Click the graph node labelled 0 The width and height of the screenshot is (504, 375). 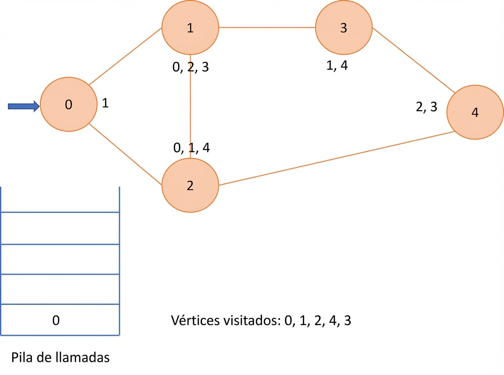(x=68, y=104)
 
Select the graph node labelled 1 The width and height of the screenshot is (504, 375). (x=190, y=27)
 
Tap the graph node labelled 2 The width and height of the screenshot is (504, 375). (x=190, y=185)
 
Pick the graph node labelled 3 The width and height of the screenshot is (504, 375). (x=344, y=27)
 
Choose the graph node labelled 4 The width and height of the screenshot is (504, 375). (x=475, y=112)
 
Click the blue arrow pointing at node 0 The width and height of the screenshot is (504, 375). (x=24, y=106)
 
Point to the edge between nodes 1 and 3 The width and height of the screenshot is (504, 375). (x=267, y=27)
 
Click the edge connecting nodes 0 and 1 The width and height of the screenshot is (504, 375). (x=125, y=56)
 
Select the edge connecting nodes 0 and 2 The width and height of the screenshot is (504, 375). (x=125, y=154)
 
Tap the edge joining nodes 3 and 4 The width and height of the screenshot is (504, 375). (x=414, y=60)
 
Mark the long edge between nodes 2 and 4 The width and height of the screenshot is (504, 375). (x=337, y=158)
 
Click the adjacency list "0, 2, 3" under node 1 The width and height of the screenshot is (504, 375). (x=190, y=67)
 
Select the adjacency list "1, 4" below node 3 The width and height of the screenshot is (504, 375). (x=337, y=66)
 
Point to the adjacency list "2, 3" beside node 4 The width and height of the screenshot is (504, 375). (x=427, y=107)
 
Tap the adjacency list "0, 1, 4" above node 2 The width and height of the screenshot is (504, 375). (x=192, y=148)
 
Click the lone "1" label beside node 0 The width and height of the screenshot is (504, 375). (x=105, y=103)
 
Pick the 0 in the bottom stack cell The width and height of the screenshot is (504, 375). (x=56, y=320)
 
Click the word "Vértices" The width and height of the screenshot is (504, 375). (x=195, y=320)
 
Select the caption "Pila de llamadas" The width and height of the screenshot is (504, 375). (x=60, y=357)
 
